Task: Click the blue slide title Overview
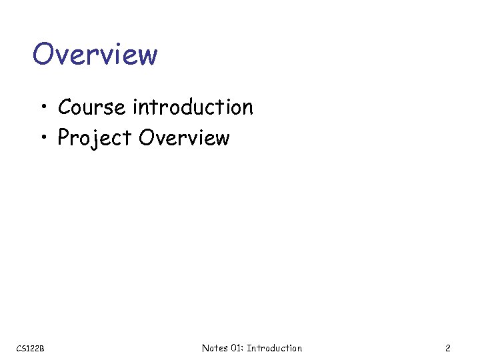95,54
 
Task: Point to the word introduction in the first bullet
193,107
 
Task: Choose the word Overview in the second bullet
184,137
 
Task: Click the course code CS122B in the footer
30,348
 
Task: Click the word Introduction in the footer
275,348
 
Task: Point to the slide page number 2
448,348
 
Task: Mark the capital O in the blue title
43,54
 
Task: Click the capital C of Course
65,107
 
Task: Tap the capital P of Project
65,138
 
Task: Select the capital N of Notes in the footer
205,348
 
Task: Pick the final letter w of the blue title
147,55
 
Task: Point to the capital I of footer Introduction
249,348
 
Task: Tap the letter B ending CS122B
41,348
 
